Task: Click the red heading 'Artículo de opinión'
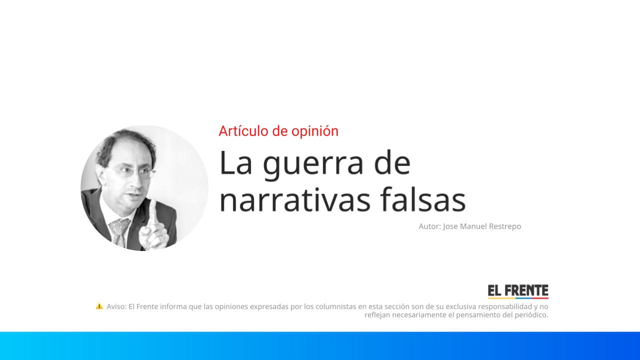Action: (x=278, y=131)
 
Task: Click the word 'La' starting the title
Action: (x=235, y=163)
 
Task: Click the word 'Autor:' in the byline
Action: (x=429, y=226)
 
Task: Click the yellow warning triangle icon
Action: (x=99, y=306)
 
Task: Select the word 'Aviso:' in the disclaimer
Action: (x=116, y=306)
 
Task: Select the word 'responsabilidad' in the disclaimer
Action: (x=504, y=306)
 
